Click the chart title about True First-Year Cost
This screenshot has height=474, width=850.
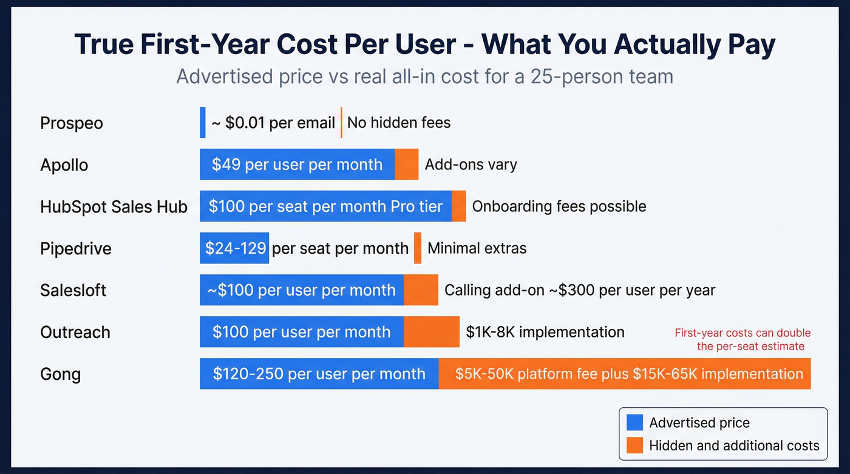click(424, 46)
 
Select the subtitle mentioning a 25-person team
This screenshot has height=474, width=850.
click(424, 77)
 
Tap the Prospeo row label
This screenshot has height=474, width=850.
click(72, 123)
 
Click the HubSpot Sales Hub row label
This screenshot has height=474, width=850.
click(114, 206)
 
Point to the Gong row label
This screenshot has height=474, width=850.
click(60, 374)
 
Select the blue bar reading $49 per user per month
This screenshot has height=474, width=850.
click(297, 164)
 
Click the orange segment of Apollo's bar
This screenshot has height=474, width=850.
click(406, 164)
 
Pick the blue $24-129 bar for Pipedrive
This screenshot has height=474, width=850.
click(234, 248)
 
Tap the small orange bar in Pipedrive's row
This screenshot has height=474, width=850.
click(418, 248)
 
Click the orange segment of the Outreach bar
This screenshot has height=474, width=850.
click(432, 332)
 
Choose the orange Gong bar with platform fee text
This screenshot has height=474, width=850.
click(625, 374)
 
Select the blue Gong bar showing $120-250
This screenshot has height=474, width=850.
click(319, 374)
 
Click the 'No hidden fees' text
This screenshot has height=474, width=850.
click(399, 123)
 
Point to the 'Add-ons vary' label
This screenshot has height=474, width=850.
click(471, 164)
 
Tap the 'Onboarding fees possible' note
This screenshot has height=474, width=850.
click(559, 206)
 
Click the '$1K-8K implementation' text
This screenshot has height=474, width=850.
click(545, 332)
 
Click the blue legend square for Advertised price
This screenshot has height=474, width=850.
click(634, 423)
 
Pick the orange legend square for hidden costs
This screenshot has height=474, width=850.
click(634, 445)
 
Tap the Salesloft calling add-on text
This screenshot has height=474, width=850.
click(580, 290)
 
